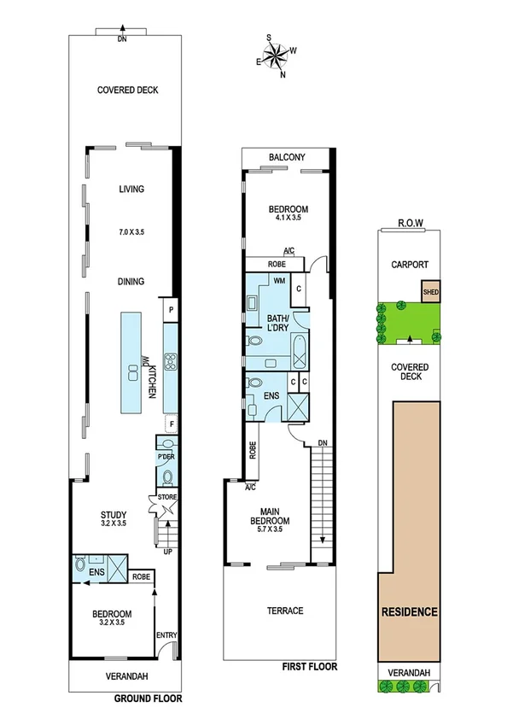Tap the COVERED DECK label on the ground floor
[x=127, y=91]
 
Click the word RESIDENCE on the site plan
[x=409, y=612]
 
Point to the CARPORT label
[x=409, y=265]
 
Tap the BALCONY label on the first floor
[x=287, y=158]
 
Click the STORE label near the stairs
[x=166, y=497]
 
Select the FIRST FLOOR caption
[x=309, y=666]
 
